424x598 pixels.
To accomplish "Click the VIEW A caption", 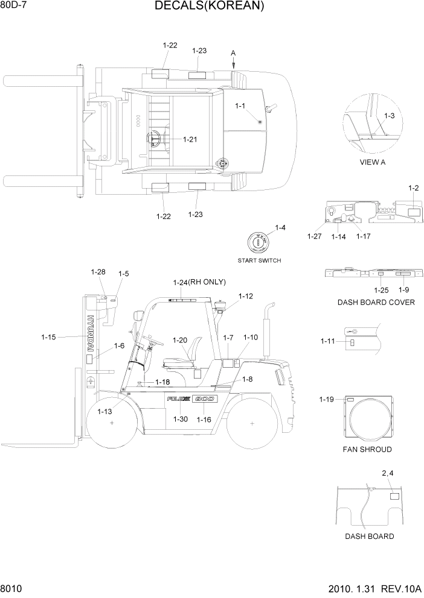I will point(372,162).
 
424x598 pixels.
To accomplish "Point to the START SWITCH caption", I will point(259,260).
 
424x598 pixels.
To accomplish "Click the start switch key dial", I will point(259,243).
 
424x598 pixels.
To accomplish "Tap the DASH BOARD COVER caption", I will point(376,302).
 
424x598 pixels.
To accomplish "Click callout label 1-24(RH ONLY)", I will point(199,282).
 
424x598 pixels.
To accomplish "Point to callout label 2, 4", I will point(388,474).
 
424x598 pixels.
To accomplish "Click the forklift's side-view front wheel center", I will point(113,424).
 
